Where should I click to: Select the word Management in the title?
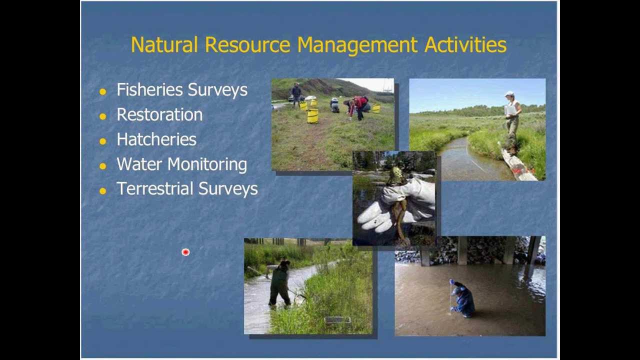point(357,45)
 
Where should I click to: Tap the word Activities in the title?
point(465,45)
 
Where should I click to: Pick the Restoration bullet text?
point(159,114)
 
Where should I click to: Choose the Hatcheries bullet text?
point(156,139)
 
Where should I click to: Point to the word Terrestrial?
point(155,189)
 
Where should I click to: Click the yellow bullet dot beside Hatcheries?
point(103,141)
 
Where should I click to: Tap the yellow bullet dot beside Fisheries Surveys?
point(103,91)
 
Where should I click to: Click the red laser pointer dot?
point(185,252)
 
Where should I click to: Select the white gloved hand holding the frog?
point(395,205)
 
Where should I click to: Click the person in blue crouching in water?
point(462,299)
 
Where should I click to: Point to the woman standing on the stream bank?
point(511,122)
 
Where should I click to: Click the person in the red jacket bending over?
point(359,106)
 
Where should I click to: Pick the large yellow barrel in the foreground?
point(312,115)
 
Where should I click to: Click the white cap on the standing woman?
point(509,94)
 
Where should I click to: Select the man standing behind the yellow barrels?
point(296,94)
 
